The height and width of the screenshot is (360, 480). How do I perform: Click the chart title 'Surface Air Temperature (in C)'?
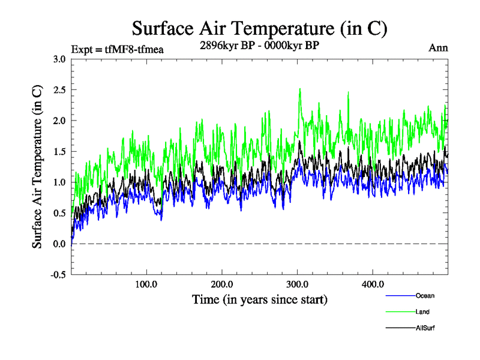coord(259,29)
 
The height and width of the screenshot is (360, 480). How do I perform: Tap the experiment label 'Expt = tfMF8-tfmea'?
coord(117,49)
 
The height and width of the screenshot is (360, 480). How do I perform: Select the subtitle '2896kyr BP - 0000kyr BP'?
coord(259,44)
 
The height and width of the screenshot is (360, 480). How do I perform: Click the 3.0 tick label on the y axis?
coord(59,59)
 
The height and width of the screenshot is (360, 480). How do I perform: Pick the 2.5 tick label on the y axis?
coord(59,89)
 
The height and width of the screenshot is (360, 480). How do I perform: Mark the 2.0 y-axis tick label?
coord(59,121)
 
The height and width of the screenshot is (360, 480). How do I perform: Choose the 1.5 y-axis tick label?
coord(59,151)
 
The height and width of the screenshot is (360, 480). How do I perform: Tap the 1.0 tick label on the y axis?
coord(59,182)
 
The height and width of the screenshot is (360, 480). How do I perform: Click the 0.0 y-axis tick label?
coord(59,244)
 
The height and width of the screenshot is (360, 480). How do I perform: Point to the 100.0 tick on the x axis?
coord(146,284)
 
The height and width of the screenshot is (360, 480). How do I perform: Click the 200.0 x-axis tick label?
coord(222,284)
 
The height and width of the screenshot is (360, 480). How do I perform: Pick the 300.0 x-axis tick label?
coord(298,284)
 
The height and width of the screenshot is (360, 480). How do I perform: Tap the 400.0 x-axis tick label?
coord(373,284)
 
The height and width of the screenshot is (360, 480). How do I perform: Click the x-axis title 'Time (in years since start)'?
coord(260,299)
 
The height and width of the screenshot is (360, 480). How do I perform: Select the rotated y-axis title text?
coord(37,167)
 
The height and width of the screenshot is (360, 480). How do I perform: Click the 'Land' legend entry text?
coord(422,312)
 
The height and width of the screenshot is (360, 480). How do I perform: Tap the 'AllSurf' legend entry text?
coord(424,328)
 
